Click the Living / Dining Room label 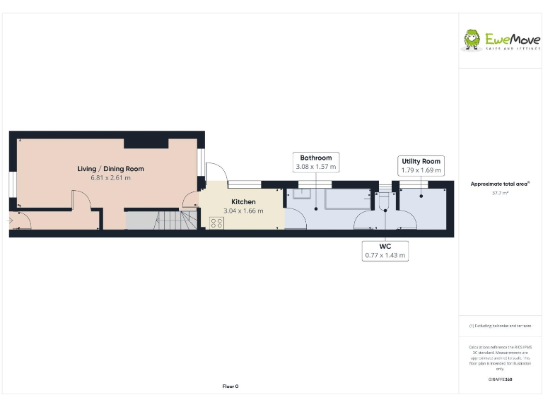[110, 169]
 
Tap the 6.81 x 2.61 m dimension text [110, 178]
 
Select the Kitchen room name [243, 202]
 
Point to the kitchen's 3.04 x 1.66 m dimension [243, 211]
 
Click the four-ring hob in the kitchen [217, 223]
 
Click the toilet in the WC [384, 203]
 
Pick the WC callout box [385, 250]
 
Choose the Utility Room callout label [421, 165]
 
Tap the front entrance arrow [10, 220]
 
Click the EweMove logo [501, 40]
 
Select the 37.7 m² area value [500, 192]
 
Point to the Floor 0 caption [230, 386]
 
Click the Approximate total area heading [500, 184]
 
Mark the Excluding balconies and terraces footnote [500, 326]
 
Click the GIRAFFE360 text [500, 379]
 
